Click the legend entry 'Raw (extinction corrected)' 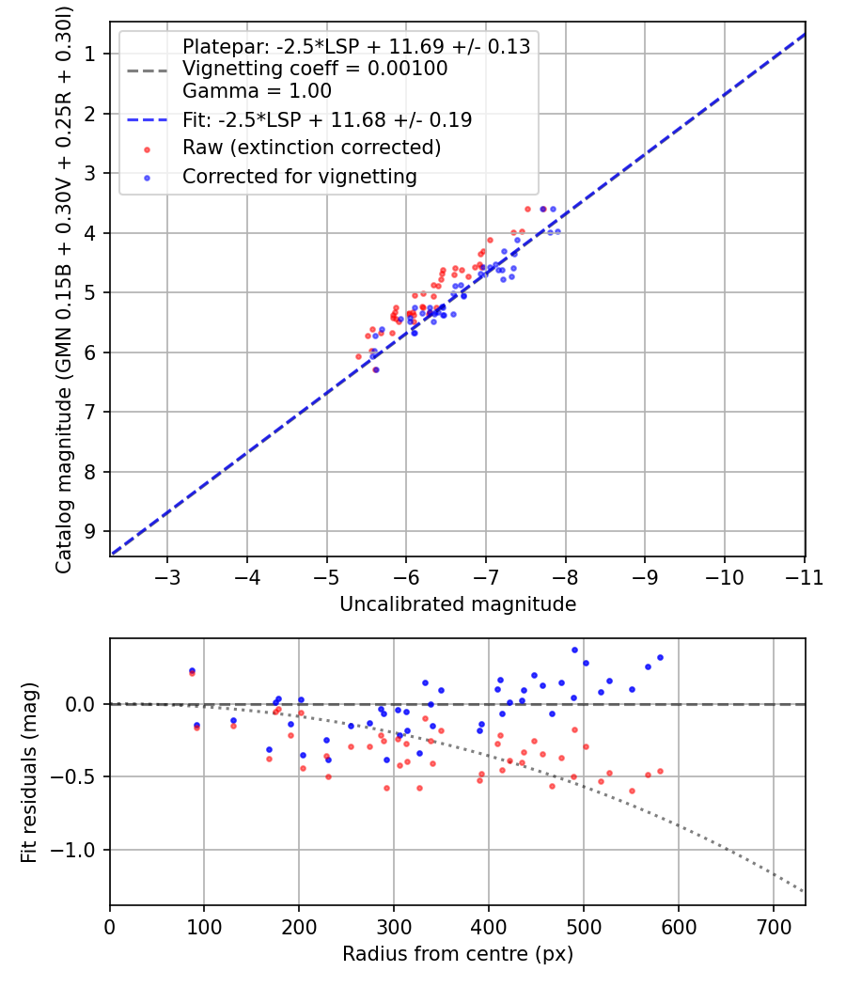coord(311,148)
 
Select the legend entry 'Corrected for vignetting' coord(299,176)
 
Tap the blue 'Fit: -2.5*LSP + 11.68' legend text coord(327,119)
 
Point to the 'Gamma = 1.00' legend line coord(257,91)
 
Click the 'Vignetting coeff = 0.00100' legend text coord(315,69)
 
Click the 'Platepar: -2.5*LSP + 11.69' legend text coord(356,46)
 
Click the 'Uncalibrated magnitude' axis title coord(457,604)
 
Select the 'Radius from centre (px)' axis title coord(457,954)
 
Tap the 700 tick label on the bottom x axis coord(773,927)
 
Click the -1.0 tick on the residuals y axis coord(78,850)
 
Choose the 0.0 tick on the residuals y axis coord(84,704)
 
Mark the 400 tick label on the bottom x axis coord(488,927)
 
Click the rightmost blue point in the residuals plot coord(660,658)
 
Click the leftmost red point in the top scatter coord(358,357)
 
